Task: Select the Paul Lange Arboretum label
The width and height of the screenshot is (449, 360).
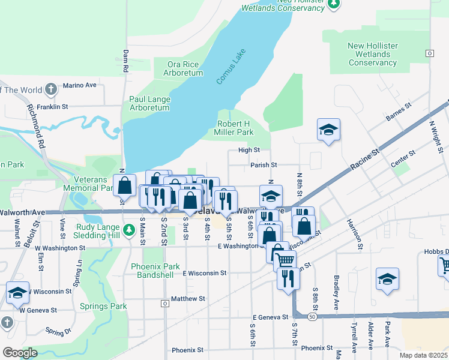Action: click(x=149, y=103)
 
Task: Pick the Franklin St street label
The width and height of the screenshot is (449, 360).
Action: click(x=52, y=107)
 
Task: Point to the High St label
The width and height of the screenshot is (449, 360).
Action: click(x=249, y=150)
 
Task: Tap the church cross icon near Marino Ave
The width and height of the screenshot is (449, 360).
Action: click(x=51, y=90)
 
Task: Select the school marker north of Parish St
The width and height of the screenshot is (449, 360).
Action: click(x=328, y=130)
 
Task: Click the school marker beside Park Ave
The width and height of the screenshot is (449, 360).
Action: click(x=387, y=279)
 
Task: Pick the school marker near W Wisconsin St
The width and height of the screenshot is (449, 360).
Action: click(x=17, y=293)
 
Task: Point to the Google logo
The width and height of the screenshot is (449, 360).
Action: click(x=20, y=353)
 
